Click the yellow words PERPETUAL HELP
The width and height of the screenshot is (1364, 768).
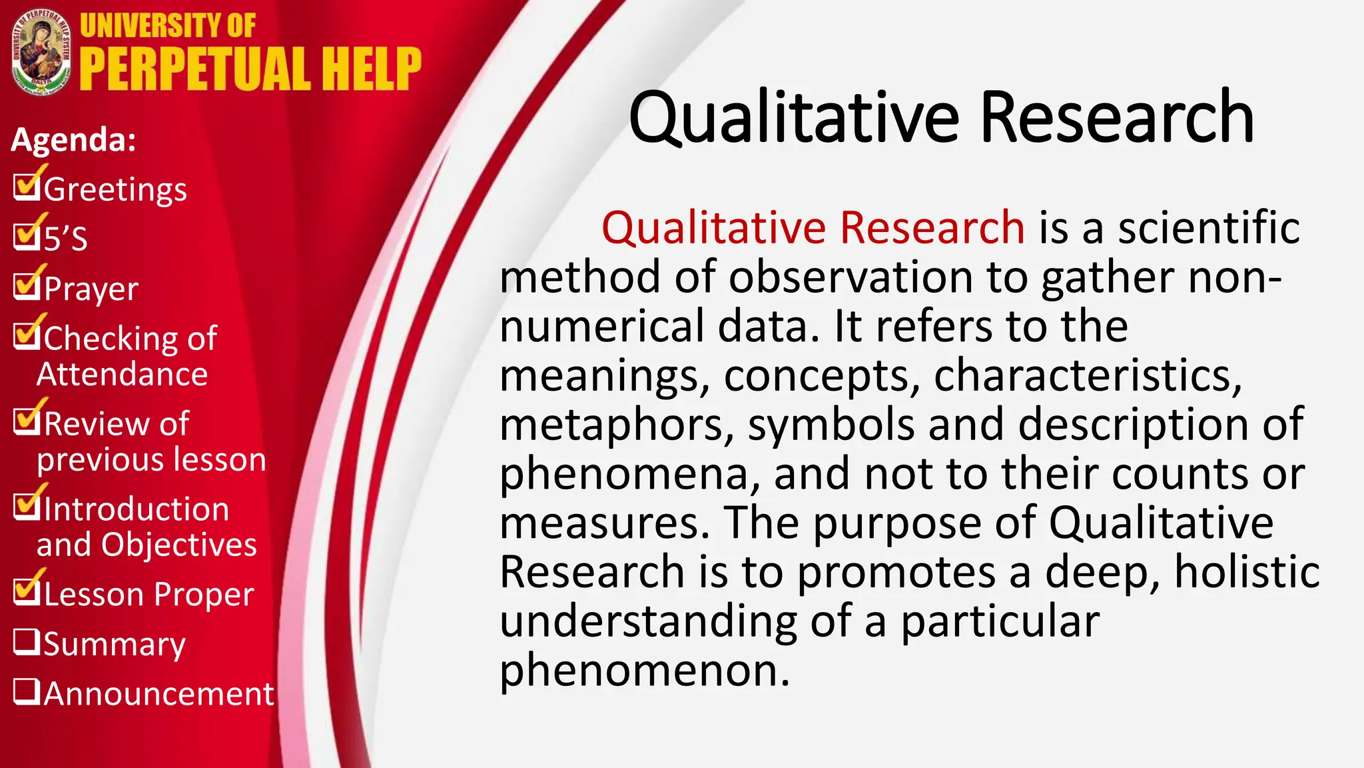click(250, 69)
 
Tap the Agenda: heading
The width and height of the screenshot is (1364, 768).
click(73, 140)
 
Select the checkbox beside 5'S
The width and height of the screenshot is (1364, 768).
click(27, 236)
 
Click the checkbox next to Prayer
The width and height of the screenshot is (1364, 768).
click(27, 287)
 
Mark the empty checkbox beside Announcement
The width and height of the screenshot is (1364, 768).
click(27, 692)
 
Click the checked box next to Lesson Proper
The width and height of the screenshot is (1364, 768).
click(27, 592)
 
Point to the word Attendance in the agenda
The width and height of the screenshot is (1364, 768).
click(122, 374)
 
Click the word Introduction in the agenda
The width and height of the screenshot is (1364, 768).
click(137, 509)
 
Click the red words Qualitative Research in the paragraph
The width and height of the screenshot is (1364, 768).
click(813, 227)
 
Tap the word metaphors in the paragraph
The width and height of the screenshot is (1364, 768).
click(617, 425)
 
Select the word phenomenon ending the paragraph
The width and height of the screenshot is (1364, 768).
click(643, 671)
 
